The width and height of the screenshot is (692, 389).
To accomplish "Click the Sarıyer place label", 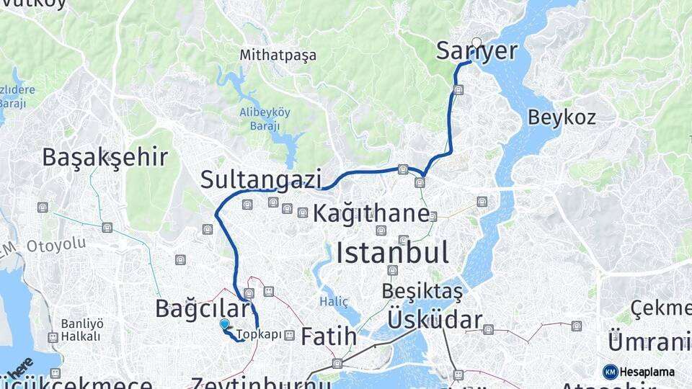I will click(477, 51).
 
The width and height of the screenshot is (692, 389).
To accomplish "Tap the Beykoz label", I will click(562, 117).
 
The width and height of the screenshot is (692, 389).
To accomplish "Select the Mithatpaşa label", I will click(278, 55).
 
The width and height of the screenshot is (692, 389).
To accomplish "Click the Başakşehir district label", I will click(105, 157).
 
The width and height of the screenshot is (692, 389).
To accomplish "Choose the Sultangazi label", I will click(260, 179).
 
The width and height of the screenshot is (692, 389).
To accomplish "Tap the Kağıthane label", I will click(371, 214).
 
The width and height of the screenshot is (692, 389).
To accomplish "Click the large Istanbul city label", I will click(392, 253).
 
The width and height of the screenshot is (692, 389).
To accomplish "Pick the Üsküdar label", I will click(435, 319).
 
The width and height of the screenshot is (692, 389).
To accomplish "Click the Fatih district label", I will click(329, 336).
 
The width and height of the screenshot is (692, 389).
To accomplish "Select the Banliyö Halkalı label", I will click(81, 329).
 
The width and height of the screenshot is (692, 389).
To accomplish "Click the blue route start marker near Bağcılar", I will click(224, 325).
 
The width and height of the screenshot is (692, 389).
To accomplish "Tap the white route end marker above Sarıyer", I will click(476, 42).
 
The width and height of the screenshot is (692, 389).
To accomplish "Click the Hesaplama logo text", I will click(647, 372).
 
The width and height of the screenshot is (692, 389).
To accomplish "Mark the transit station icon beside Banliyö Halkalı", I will click(53, 337).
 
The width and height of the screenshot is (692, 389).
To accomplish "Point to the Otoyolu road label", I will click(56, 245).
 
